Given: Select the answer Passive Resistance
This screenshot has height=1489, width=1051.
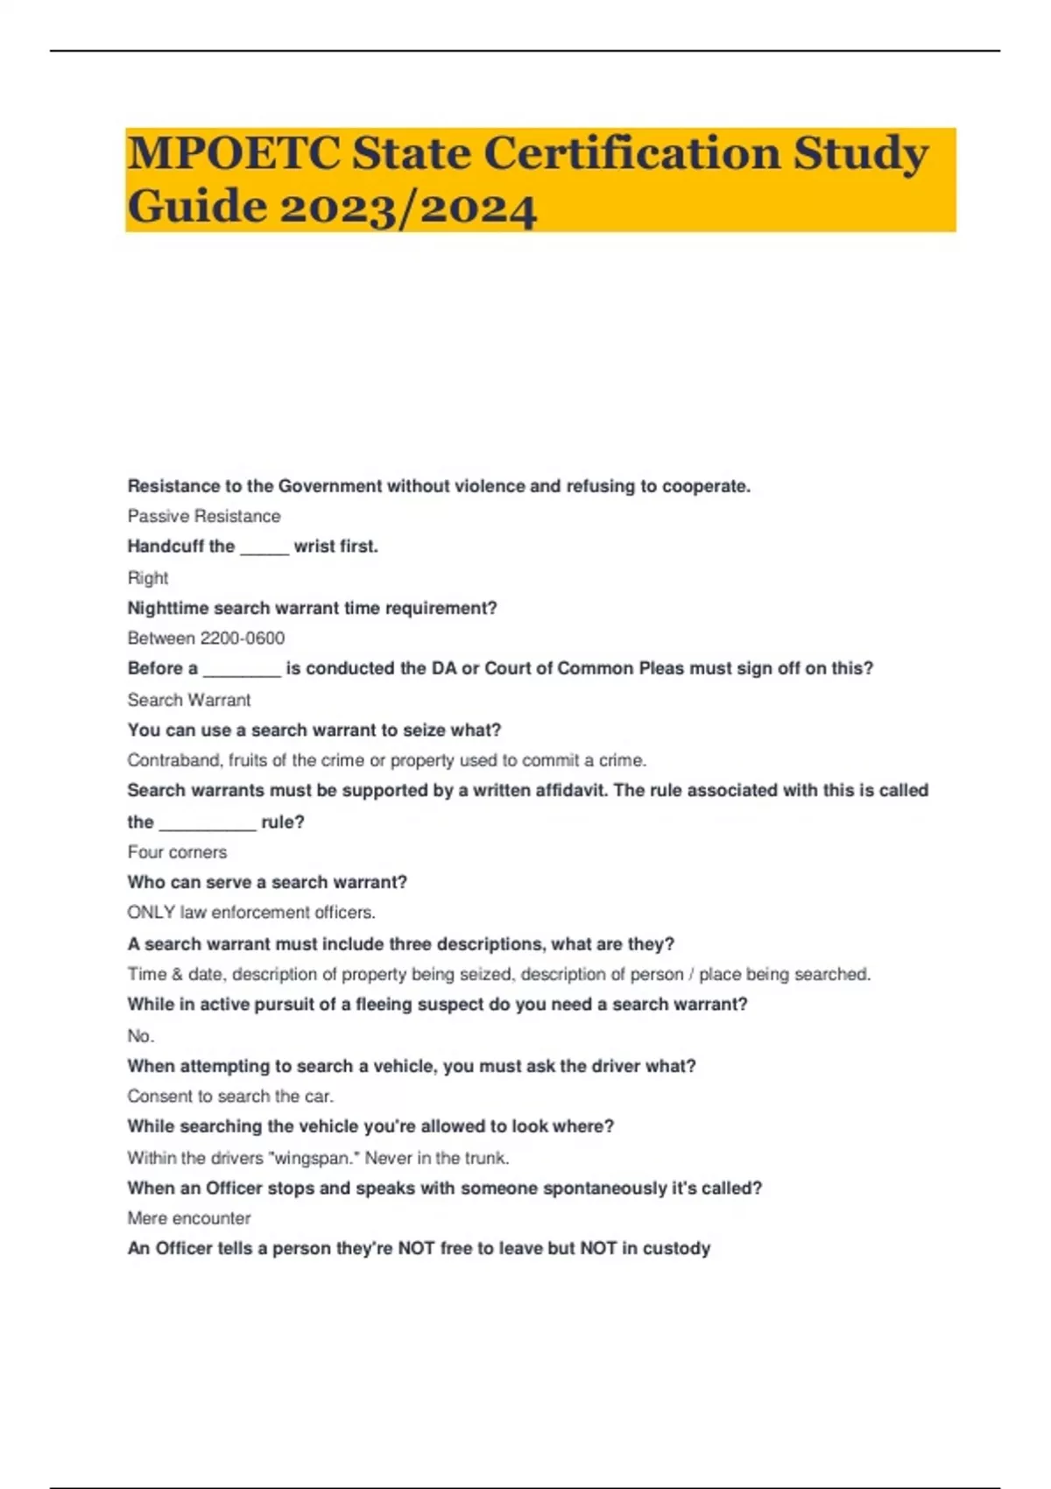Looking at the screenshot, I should coord(204,516).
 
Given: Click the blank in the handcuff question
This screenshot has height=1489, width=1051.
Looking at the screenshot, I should coord(264,547).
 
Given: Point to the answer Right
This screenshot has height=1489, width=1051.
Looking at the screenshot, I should coord(147,578).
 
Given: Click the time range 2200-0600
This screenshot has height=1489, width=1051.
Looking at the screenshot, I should coord(243,639).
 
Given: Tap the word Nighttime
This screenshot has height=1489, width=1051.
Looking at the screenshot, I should coord(167,608).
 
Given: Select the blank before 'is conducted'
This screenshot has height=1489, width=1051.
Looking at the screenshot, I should coord(242,669).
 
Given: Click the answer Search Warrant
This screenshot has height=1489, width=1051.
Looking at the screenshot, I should coord(189,700).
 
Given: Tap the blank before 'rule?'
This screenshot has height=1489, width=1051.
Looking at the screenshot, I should coord(208,822).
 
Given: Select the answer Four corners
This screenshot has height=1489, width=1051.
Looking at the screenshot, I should coord(177,852).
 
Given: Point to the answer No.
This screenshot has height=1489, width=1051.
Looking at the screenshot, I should coord(140,1036).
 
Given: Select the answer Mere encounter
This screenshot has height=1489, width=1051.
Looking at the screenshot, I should coord(189,1218).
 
